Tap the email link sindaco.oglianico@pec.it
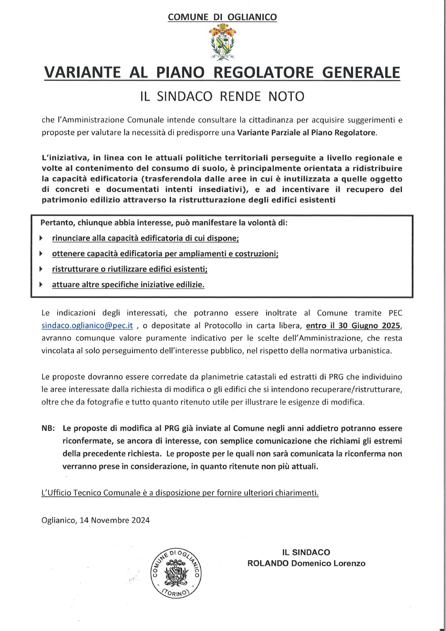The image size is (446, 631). (87, 326)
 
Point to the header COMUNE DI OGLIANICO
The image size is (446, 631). (222, 17)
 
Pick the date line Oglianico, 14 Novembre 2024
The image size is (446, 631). (96, 520)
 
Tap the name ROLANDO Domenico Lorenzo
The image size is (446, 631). (306, 563)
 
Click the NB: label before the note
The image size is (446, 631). (48, 428)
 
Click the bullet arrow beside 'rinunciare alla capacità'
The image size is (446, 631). (41, 238)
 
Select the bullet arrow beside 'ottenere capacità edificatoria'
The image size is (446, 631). (41, 253)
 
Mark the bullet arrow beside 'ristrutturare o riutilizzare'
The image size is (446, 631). (41, 269)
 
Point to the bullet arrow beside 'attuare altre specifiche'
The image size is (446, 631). (41, 284)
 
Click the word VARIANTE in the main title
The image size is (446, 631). (82, 73)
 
